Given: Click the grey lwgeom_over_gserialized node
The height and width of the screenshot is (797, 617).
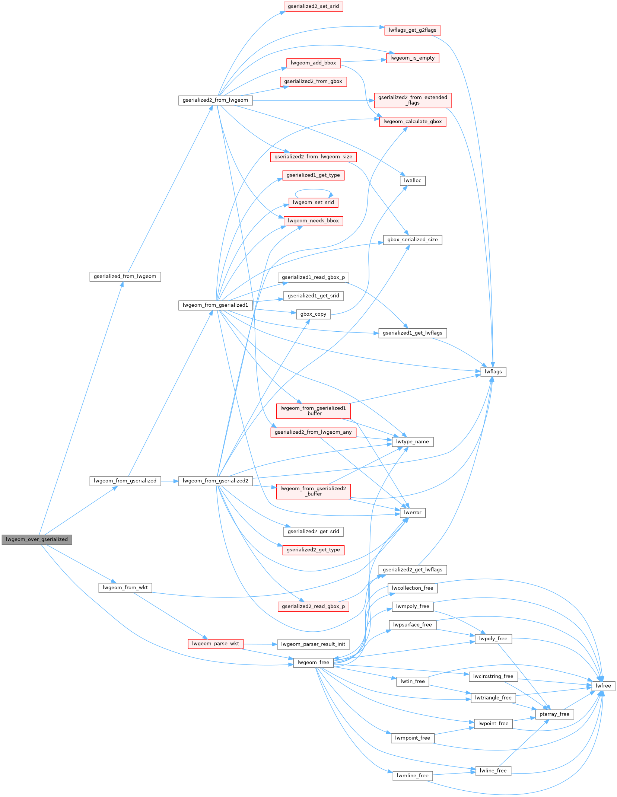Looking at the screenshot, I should [x=36, y=539].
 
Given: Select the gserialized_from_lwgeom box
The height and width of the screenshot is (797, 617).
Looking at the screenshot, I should [x=125, y=277].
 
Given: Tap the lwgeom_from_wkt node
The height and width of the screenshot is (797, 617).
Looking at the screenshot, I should [x=125, y=588].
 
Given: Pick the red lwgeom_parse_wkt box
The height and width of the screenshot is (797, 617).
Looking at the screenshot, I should [x=216, y=644].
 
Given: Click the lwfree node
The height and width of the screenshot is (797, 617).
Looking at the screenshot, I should [x=603, y=686].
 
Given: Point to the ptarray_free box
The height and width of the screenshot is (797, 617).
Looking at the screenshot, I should [x=554, y=714].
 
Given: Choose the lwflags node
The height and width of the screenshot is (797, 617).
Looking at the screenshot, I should [x=493, y=372].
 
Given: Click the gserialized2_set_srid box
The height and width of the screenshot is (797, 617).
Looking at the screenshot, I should [x=313, y=7].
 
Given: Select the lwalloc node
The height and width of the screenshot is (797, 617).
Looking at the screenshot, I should [x=413, y=181].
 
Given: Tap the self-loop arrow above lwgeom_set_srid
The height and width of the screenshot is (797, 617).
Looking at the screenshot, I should [x=313, y=190].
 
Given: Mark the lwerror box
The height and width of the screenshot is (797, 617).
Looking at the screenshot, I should [x=413, y=513].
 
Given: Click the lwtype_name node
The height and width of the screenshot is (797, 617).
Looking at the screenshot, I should [x=413, y=441].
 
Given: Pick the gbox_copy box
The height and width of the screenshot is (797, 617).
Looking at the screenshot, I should [x=313, y=314].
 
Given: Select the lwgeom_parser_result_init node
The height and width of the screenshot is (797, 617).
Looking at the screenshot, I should [x=313, y=644].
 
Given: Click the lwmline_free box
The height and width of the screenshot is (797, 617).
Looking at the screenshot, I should [x=413, y=776].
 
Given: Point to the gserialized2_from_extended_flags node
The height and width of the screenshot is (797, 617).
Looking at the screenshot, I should [x=413, y=100].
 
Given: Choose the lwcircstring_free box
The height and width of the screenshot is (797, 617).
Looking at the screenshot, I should [x=493, y=676].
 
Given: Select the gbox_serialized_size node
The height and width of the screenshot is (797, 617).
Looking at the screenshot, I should [x=413, y=240].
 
